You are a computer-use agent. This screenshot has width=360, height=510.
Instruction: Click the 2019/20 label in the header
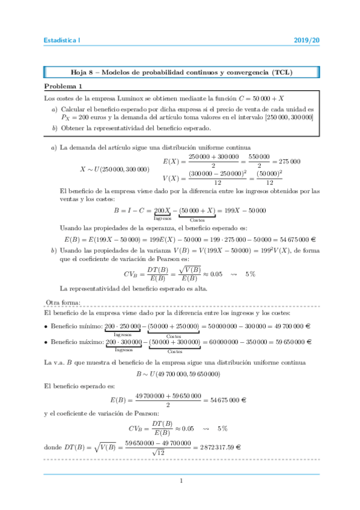tap(307, 40)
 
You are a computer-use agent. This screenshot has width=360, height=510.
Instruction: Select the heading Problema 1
tap(63, 86)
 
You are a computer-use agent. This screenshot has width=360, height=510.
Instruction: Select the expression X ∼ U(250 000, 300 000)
tap(114, 169)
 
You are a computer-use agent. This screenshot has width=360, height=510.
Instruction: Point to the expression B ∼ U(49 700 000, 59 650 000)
tap(178, 375)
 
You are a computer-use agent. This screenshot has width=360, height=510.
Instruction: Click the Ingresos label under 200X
tap(163, 218)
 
